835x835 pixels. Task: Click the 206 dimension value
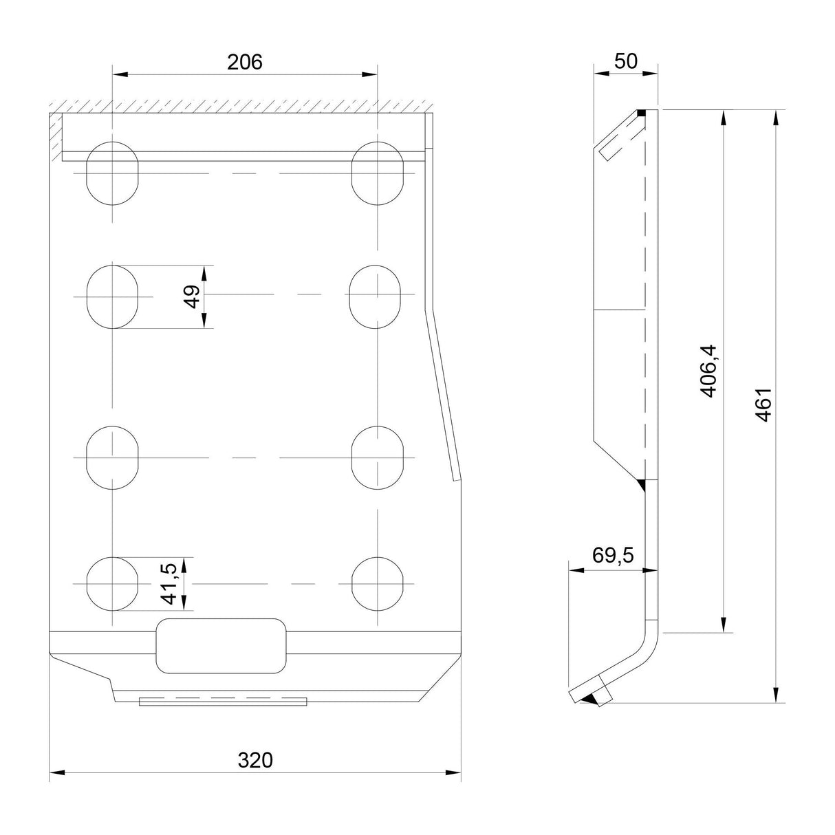(245, 63)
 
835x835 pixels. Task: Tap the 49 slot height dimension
(193, 296)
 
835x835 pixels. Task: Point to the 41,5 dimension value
(169, 584)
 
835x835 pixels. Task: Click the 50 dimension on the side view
(626, 61)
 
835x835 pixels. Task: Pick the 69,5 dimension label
(613, 554)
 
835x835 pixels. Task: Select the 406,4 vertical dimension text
(709, 371)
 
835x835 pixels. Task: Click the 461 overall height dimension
(763, 404)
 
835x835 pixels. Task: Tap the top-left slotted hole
(113, 173)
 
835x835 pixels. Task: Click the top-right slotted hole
(378, 173)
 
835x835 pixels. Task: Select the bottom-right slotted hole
(378, 584)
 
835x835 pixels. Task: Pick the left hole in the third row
(113, 457)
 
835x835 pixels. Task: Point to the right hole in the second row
(375, 297)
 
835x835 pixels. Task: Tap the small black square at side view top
(641, 113)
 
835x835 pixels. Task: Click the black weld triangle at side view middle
(642, 486)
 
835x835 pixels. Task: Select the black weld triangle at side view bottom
(589, 699)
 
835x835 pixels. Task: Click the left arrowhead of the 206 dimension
(120, 74)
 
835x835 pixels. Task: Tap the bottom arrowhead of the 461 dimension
(776, 695)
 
